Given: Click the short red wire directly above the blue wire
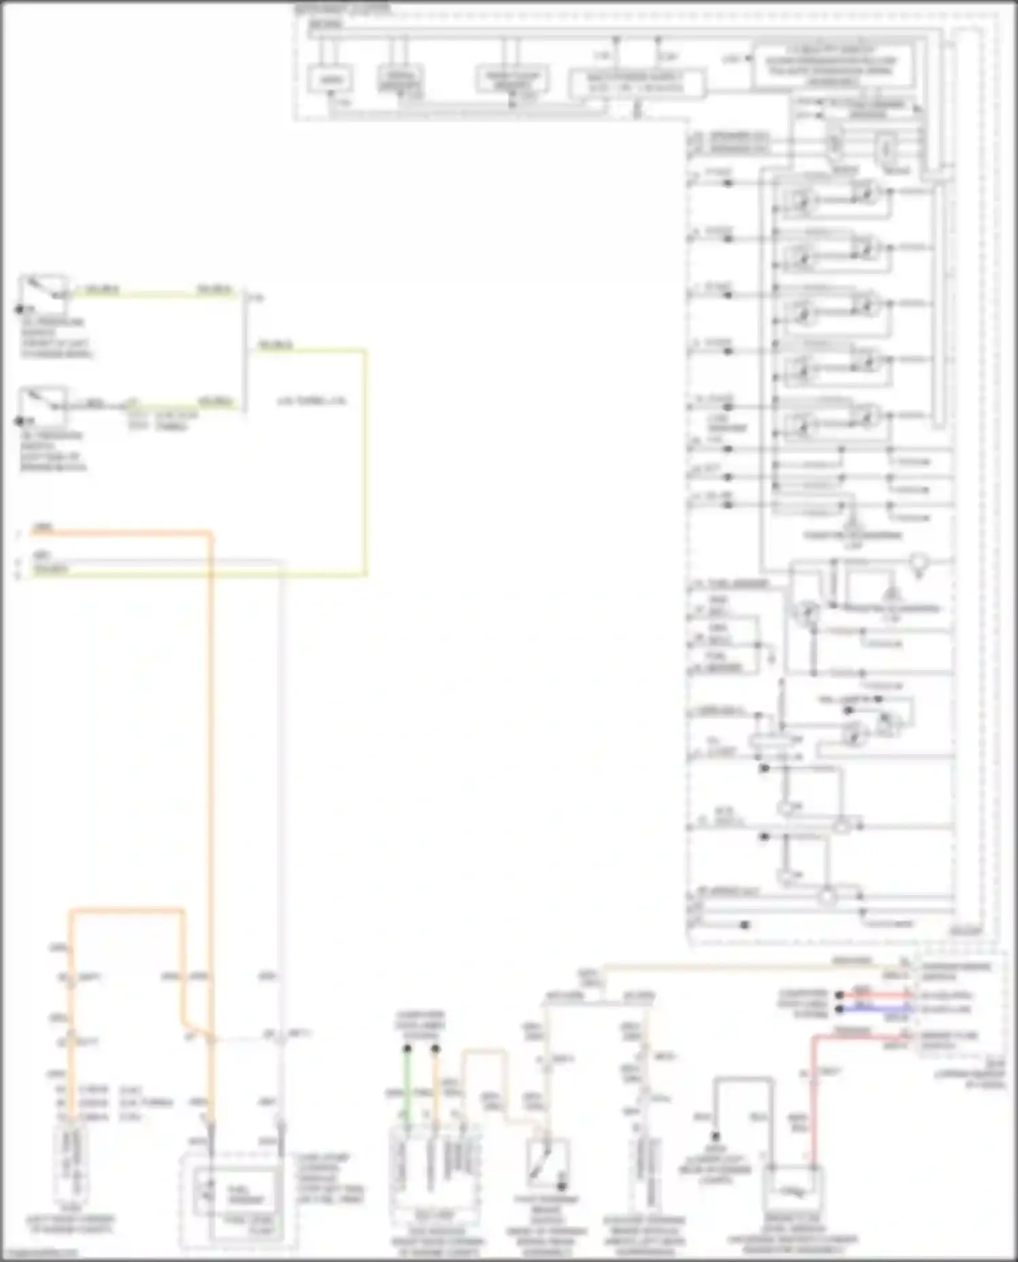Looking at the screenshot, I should coord(875,995).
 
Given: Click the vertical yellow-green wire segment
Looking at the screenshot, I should coord(365,461).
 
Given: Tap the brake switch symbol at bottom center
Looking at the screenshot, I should coord(547,1162).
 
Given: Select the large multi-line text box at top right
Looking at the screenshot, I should coord(832,66).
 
